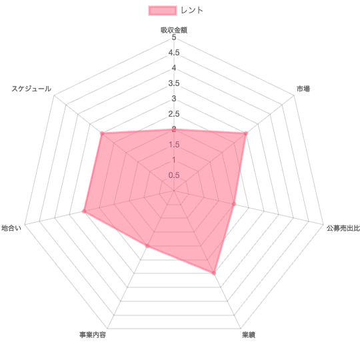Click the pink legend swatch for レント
(x=163, y=11)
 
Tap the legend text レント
(x=192, y=10)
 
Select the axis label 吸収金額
(x=174, y=30)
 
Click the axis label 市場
(x=303, y=89)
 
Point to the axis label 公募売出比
(x=343, y=228)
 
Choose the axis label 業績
(x=249, y=335)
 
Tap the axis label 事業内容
(x=93, y=335)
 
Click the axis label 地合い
(x=11, y=228)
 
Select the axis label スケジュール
(x=31, y=89)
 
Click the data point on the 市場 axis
(x=245, y=133)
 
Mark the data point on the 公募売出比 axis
(x=234, y=204)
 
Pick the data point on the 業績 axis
(x=214, y=273)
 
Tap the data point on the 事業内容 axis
(x=147, y=246)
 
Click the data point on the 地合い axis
(x=84, y=211)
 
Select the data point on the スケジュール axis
(x=102, y=133)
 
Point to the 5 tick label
(x=174, y=37)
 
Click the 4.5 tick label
(x=174, y=53)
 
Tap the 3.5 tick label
(x=174, y=83)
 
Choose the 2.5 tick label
(x=174, y=114)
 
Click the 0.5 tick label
(x=174, y=175)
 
